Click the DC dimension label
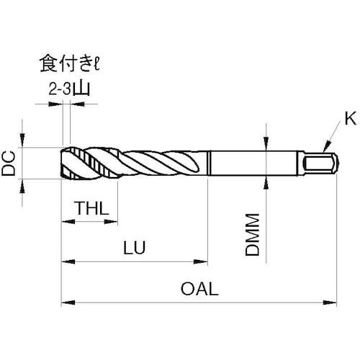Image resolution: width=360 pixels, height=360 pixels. tap(9, 163)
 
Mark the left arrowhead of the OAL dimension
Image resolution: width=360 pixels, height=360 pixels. tap(65, 301)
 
